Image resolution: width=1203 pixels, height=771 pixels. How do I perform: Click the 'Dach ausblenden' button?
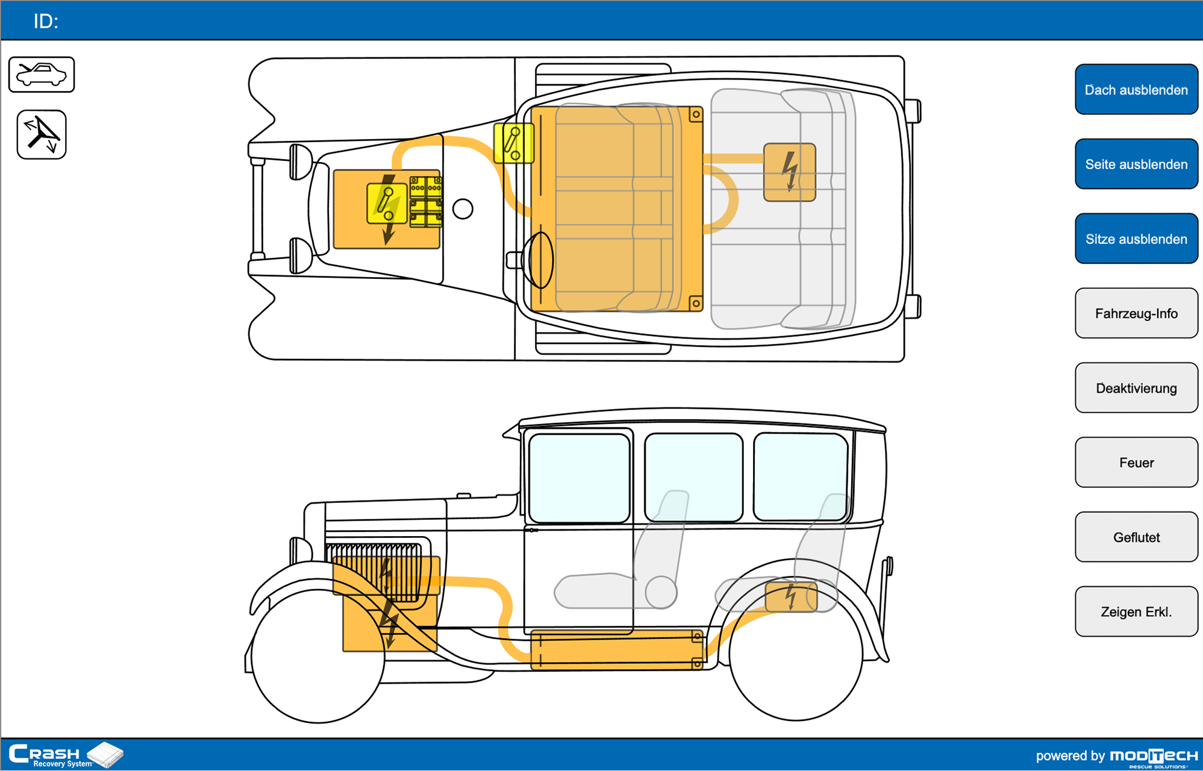coord(1136,90)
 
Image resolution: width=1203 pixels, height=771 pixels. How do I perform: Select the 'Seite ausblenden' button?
coord(1136,164)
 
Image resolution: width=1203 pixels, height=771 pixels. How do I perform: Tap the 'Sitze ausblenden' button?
coord(1136,239)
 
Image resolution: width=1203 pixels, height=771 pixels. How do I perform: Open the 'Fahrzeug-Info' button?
coord(1136,313)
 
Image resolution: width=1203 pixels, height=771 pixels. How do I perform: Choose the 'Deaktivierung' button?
coord(1136,388)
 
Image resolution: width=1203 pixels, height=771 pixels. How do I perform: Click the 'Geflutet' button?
coord(1136,537)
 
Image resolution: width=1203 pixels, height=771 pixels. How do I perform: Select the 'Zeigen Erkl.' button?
coord(1136,612)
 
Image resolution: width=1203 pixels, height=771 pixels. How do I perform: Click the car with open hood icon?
coord(42,75)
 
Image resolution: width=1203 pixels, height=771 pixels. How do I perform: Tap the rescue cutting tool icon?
coord(42,134)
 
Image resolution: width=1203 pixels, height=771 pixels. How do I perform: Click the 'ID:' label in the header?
coord(46,22)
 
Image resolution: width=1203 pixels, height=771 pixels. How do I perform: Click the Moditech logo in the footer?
coord(1154,757)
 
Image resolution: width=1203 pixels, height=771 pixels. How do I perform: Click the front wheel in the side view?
coord(318,657)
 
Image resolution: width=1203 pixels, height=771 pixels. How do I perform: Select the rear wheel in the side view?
coord(796,654)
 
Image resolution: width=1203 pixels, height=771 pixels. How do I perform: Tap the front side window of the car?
coord(579,478)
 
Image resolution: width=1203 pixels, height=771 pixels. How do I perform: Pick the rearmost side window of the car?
coord(801,476)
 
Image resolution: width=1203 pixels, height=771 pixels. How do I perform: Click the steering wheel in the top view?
coord(540,260)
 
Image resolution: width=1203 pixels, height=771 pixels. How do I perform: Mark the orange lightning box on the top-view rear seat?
coord(790,172)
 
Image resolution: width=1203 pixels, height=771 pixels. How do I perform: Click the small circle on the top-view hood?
coord(463,209)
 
